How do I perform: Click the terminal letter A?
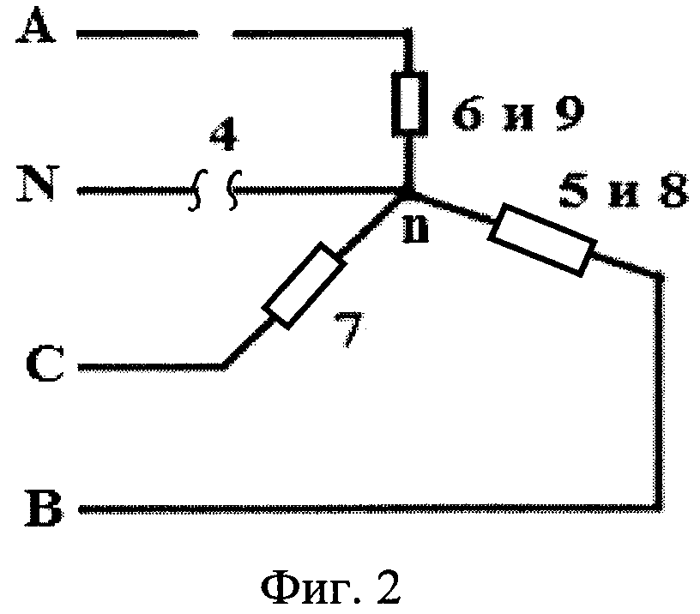36,27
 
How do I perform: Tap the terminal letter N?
38,184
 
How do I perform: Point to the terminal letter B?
43,509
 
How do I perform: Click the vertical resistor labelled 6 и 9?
410,104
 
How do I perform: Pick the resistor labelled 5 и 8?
542,240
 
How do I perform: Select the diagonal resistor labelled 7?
304,286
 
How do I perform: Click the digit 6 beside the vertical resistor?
468,113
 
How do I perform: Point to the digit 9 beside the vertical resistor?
570,113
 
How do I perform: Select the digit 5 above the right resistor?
573,190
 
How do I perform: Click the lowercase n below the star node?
415,230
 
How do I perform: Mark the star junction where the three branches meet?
409,194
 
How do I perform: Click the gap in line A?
215,34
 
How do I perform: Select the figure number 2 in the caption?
389,587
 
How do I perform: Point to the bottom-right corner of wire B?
659,508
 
